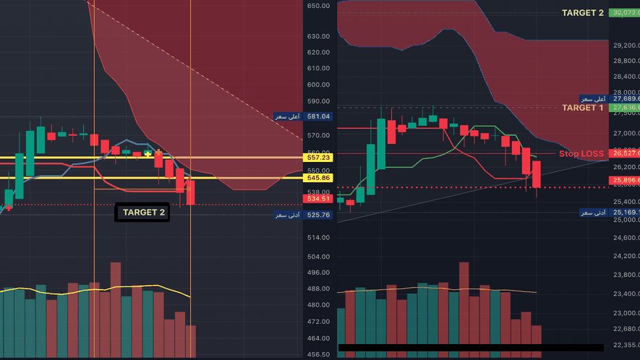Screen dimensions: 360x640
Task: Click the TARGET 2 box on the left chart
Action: point(142,213)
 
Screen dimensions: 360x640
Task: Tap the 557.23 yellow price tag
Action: point(318,158)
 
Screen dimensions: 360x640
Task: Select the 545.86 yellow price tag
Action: point(318,178)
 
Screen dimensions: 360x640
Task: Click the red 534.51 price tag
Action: point(318,198)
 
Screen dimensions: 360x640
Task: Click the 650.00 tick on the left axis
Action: point(318,6)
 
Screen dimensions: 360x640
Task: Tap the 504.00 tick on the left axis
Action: point(318,257)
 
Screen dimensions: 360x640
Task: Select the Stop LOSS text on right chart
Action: point(581,154)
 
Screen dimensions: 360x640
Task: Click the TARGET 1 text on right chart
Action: point(582,108)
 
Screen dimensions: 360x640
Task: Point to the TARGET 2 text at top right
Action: point(582,13)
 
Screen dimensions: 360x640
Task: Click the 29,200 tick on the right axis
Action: point(625,45)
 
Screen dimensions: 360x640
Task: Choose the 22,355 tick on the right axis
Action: point(625,346)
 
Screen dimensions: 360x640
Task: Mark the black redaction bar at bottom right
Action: point(470,348)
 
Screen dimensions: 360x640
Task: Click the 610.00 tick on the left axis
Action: point(318,69)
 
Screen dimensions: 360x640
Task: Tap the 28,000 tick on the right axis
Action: point(625,93)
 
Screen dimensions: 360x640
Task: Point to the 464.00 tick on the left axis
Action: point(318,338)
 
